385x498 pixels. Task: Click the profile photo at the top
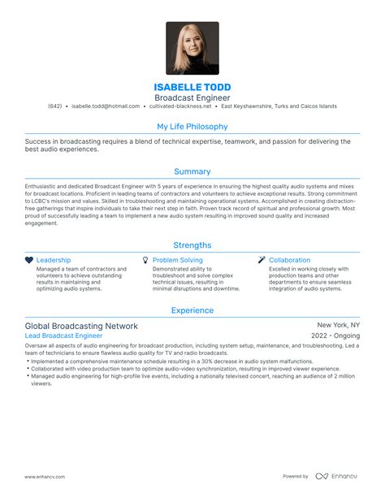(x=192, y=48)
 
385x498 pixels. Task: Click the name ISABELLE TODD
(x=192, y=87)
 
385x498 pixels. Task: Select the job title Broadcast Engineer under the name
(x=192, y=97)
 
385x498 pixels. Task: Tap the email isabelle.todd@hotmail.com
(x=105, y=106)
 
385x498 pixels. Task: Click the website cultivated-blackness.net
(x=180, y=106)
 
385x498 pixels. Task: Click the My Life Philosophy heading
(x=192, y=127)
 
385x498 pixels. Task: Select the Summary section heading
(x=192, y=171)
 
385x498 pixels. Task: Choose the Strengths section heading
(x=192, y=245)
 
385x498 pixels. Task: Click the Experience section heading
(x=192, y=310)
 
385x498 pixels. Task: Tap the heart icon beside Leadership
(x=29, y=260)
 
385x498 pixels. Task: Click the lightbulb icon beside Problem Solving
(x=145, y=260)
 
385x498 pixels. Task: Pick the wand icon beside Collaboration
(x=262, y=260)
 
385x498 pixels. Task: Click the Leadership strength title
(x=54, y=260)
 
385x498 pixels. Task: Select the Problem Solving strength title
(x=178, y=260)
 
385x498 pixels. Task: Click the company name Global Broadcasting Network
(x=81, y=326)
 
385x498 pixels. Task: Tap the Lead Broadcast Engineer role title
(x=63, y=336)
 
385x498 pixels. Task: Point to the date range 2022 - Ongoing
(x=335, y=336)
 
